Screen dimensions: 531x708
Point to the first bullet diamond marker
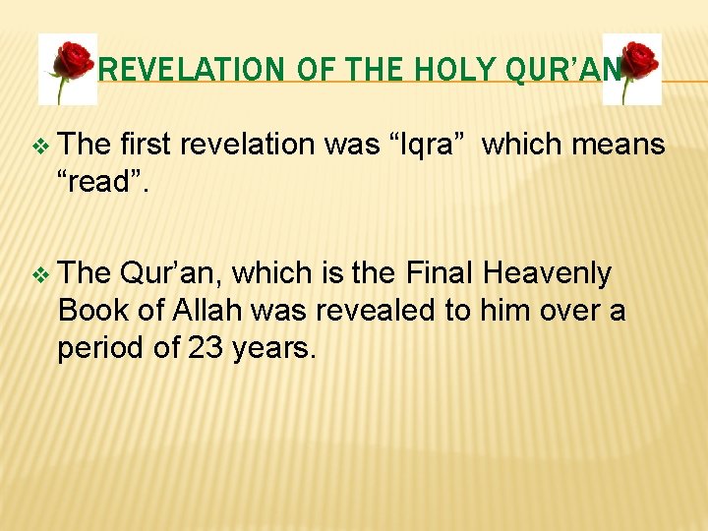pos(39,146)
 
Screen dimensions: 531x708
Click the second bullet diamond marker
pos(39,274)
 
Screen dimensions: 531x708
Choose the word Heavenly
pos(547,272)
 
